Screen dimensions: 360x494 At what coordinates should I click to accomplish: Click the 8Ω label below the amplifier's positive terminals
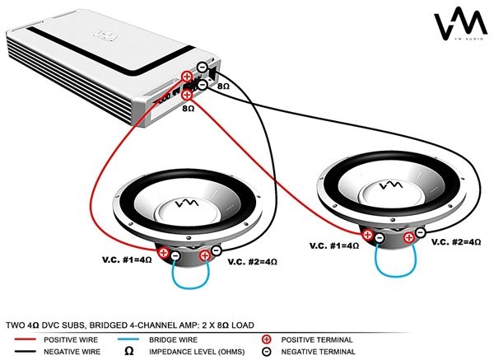click(189, 109)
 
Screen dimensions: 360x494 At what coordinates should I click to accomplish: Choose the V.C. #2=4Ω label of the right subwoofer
click(456, 242)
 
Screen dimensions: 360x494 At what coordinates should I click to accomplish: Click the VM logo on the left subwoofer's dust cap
click(189, 203)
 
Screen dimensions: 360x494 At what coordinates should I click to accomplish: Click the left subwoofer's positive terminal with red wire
click(164, 252)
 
